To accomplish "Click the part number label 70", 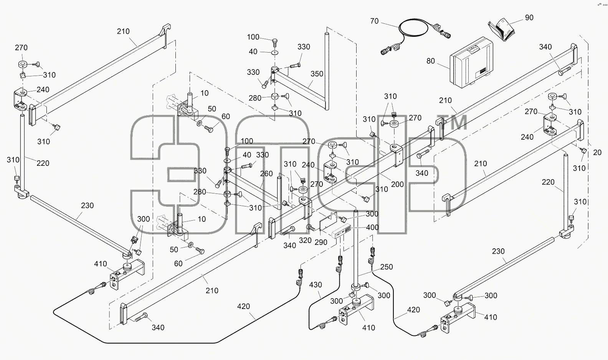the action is tap(374, 21).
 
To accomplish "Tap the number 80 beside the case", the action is tap(431, 61).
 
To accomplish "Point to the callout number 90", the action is tap(529, 18).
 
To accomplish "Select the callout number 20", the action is tap(597, 152).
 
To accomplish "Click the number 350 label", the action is tap(317, 74).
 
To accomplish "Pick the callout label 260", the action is tap(266, 174).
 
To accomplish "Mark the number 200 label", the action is tap(397, 184).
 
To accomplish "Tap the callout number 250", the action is tap(386, 267).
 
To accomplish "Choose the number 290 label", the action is tap(321, 242).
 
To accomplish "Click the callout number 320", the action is tap(305, 240).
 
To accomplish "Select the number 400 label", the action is tap(372, 227).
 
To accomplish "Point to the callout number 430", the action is tap(316, 284).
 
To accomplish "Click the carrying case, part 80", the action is tap(471, 63).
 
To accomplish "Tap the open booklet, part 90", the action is tap(502, 30).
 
